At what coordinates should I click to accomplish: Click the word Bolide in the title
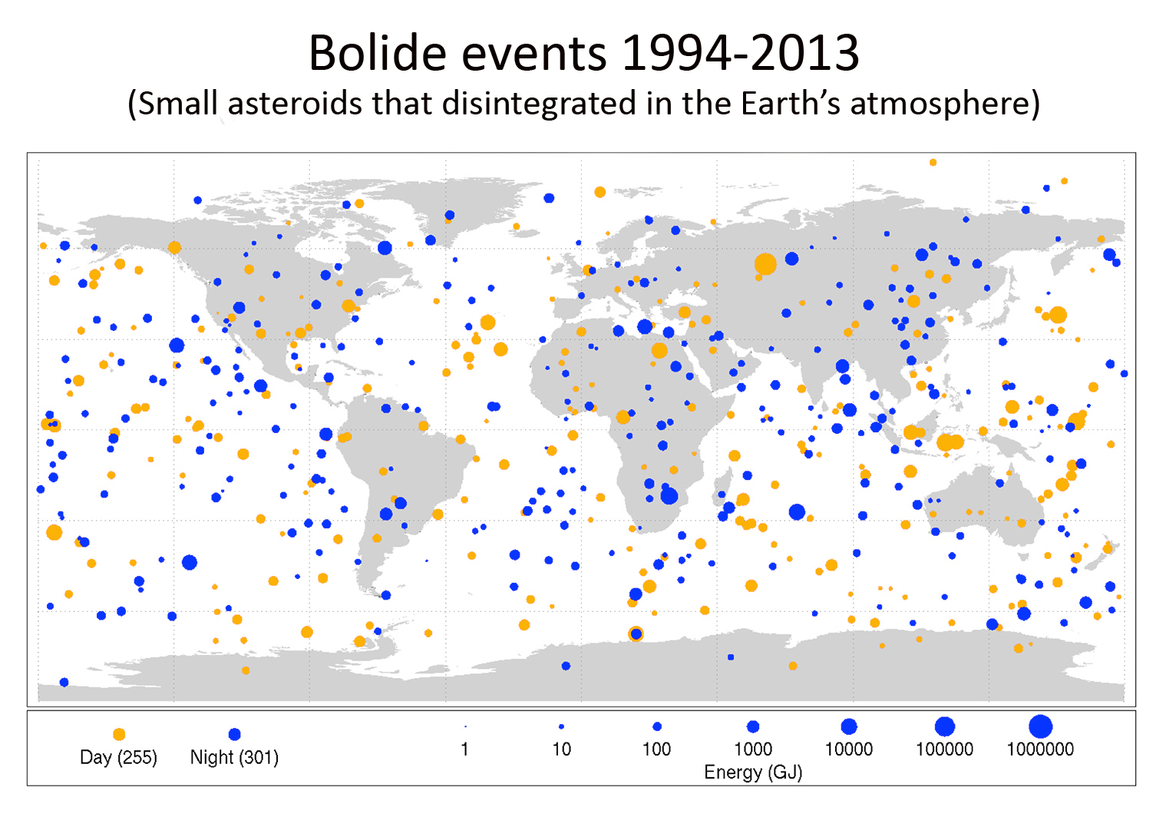(377, 54)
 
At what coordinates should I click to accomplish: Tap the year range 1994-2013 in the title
(740, 54)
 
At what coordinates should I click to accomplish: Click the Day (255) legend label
(118, 758)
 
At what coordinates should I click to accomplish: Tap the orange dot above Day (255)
(119, 735)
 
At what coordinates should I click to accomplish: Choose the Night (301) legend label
(234, 758)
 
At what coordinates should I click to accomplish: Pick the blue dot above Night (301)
(235, 735)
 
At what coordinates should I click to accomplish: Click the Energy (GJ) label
(753, 772)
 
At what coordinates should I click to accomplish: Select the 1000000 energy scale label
(1040, 749)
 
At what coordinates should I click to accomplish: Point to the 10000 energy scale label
(848, 749)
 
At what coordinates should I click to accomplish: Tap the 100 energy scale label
(656, 749)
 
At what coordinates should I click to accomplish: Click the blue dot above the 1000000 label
(1040, 726)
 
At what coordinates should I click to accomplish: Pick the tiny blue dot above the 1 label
(465, 726)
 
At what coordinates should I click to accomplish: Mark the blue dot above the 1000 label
(753, 726)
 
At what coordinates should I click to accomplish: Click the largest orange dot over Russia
(765, 264)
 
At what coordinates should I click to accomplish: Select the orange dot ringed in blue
(636, 633)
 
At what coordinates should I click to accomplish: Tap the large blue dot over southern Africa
(669, 495)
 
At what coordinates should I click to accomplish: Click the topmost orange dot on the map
(933, 163)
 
